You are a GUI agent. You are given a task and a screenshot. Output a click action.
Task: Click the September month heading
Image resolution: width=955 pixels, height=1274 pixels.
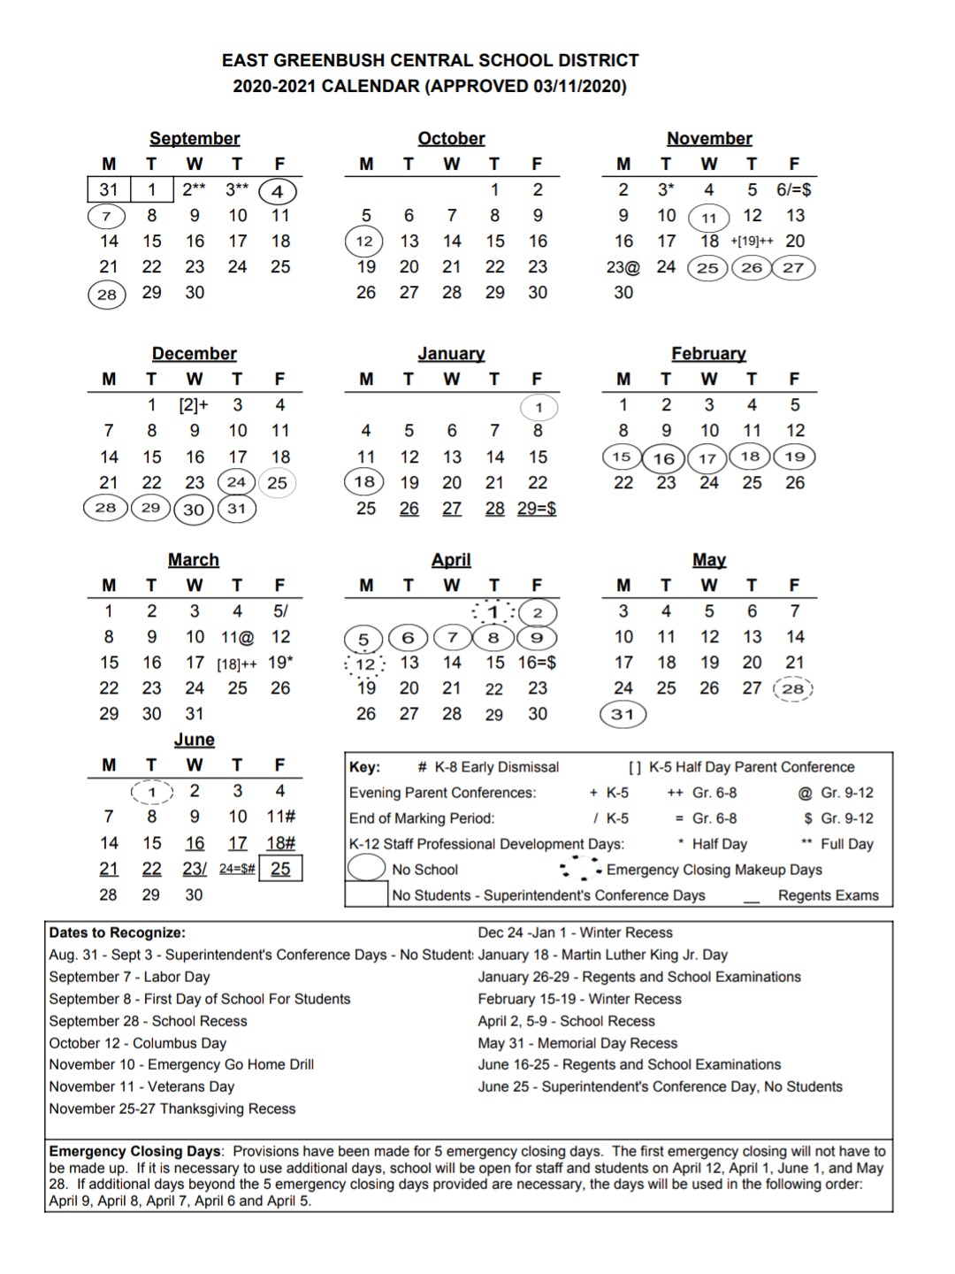coord(195,138)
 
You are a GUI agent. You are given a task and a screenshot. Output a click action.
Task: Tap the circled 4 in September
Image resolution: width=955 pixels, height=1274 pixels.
coord(278,191)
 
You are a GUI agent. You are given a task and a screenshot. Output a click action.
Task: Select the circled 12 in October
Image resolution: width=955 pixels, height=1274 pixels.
coord(364,242)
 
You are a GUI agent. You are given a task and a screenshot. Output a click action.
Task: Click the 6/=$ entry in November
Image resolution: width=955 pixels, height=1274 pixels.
coord(793,189)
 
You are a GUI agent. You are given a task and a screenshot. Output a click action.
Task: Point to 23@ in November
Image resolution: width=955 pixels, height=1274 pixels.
coord(623,267)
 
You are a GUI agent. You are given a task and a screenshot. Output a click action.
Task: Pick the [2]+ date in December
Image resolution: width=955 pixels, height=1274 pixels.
coord(194,405)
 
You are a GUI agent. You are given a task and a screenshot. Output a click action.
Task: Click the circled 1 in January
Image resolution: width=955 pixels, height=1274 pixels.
coord(539,408)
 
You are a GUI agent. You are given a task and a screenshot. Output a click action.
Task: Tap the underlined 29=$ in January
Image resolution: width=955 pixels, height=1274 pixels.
coord(537,509)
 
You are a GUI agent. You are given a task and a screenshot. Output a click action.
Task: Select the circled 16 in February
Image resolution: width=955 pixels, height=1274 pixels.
coord(664,458)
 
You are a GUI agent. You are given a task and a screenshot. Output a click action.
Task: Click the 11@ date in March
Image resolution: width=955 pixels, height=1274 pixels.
coord(237,637)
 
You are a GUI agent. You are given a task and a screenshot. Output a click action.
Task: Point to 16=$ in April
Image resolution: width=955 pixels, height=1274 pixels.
coord(537,663)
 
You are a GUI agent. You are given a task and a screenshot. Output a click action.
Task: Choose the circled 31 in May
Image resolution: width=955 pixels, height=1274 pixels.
coord(623,715)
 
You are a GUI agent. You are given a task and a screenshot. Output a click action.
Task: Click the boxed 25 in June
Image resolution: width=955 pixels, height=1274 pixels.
coord(280,869)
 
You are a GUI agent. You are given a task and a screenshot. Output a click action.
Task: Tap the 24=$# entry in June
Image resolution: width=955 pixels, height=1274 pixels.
coord(237,869)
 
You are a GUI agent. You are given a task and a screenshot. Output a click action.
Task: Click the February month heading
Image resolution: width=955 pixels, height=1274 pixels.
coord(708,354)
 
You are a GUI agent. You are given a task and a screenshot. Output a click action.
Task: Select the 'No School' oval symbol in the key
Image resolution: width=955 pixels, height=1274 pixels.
coord(366,869)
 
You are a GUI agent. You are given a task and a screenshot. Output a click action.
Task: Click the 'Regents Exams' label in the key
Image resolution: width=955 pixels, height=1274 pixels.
coord(828,895)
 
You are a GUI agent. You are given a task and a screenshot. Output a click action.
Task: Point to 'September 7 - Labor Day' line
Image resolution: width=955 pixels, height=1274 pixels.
coord(129,977)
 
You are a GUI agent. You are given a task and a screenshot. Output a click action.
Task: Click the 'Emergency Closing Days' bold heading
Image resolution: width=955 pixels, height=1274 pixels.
coord(134,1151)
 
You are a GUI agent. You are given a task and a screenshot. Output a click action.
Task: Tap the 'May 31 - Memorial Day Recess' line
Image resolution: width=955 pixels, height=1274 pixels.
coord(577,1043)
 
